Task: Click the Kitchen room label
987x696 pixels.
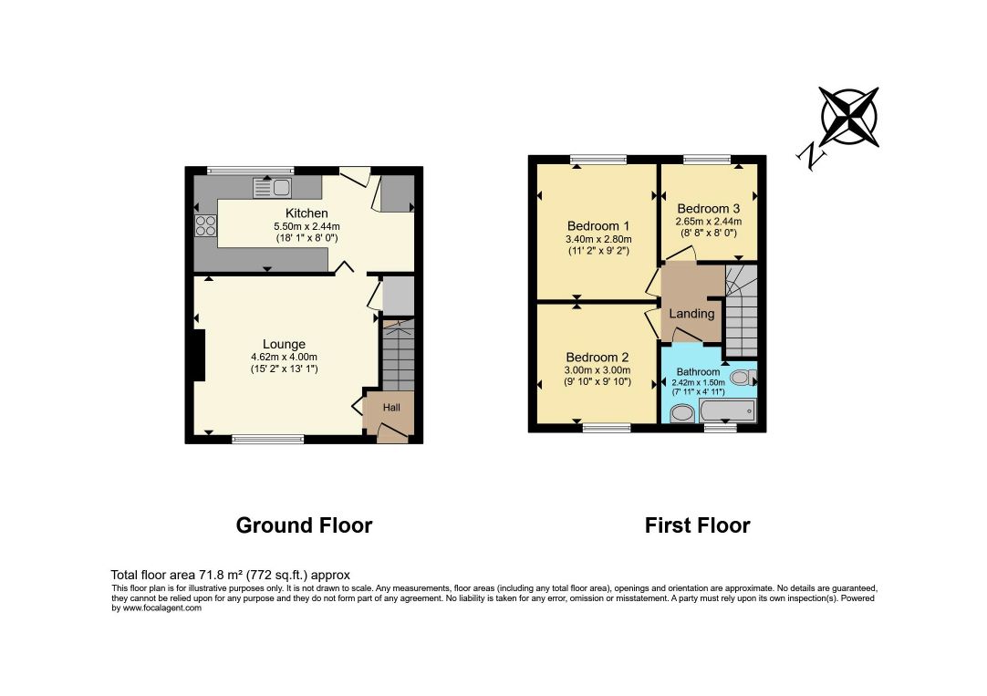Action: click(306, 213)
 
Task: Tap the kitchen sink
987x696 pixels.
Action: click(272, 188)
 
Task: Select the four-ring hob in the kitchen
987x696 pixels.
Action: click(206, 226)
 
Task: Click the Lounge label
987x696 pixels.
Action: click(284, 344)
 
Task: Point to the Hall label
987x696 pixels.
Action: click(391, 408)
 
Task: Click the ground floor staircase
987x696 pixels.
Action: click(399, 355)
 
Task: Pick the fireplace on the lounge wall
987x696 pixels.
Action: click(200, 356)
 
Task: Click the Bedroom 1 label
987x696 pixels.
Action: click(598, 226)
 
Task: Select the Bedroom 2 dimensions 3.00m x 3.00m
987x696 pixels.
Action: click(598, 370)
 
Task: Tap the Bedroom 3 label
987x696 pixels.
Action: click(708, 208)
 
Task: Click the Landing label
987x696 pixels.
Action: click(691, 314)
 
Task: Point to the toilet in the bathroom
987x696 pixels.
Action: click(743, 378)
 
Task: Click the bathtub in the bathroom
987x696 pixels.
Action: click(727, 411)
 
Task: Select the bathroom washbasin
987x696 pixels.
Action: click(681, 413)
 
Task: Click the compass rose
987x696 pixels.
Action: click(849, 117)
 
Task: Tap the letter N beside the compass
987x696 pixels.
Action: click(811, 156)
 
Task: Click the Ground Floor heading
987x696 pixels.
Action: click(304, 525)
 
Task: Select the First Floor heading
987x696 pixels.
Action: click(698, 525)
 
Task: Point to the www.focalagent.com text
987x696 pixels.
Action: click(162, 608)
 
